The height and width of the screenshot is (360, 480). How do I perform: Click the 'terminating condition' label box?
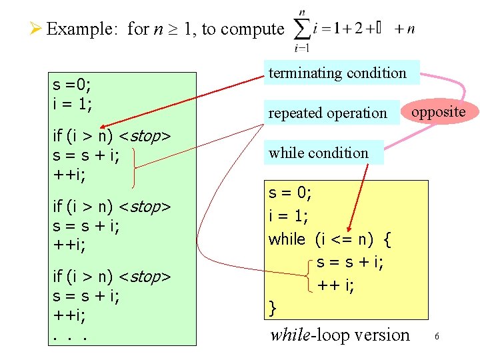point(337,73)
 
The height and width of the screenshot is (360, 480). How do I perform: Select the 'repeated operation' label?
point(327,113)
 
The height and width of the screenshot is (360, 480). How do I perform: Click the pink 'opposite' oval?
point(438,111)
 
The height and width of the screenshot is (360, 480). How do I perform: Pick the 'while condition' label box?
point(319,153)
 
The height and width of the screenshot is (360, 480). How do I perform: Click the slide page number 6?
point(437,337)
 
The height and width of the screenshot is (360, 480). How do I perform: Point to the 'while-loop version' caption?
point(339,335)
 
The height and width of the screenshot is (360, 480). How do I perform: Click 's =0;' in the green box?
point(73,85)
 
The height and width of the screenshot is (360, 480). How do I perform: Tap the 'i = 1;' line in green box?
point(72,105)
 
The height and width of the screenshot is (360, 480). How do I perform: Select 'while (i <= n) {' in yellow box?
point(329,239)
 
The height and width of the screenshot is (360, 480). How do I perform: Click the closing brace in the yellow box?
point(272,308)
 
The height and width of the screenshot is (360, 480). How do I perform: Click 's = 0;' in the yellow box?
point(289,194)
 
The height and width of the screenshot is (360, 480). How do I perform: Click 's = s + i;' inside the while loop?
point(349,262)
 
